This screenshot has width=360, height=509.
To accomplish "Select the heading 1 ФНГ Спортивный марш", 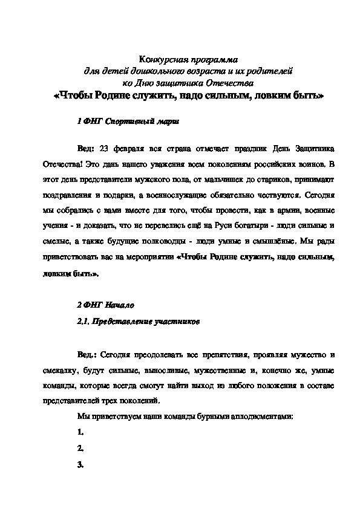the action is pyautogui.click(x=128, y=121).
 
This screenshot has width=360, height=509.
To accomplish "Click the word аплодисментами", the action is pyautogui.click(x=266, y=416).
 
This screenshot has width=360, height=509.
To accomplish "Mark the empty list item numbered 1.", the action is pyautogui.click(x=80, y=432).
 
